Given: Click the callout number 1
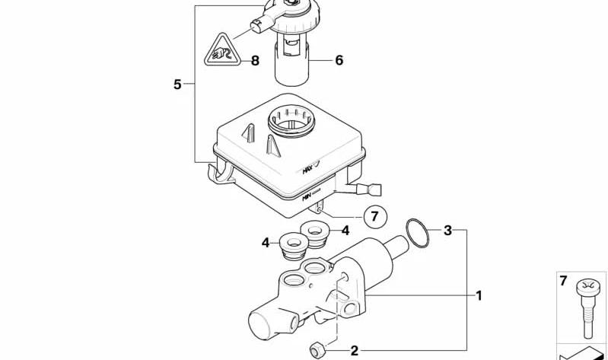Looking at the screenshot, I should (x=479, y=295).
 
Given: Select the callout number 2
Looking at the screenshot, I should (x=353, y=350).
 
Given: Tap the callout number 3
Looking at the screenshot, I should (x=448, y=230).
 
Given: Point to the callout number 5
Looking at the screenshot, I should (x=177, y=84).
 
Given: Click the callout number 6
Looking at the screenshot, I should (x=339, y=59).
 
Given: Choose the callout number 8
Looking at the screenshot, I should (x=255, y=60).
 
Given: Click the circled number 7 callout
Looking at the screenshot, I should (x=373, y=216).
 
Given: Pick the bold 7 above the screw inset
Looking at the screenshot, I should (x=563, y=281).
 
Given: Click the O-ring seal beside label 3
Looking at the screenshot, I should (x=415, y=233).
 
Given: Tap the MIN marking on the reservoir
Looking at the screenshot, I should (x=309, y=195).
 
